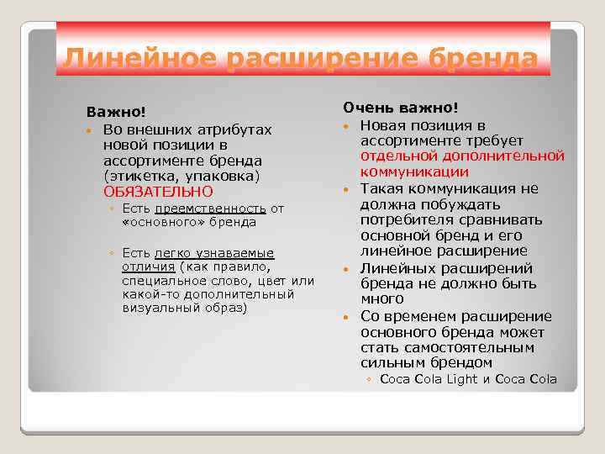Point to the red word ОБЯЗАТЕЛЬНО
pos(158,192)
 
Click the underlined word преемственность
pos(211,209)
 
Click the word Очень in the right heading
pos(364,108)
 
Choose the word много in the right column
pos(382,298)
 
